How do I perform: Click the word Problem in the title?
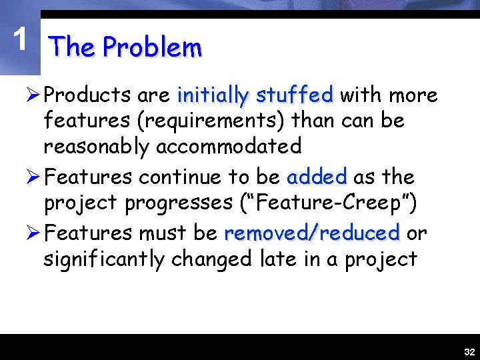click(x=153, y=48)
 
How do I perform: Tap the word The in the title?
click(x=73, y=47)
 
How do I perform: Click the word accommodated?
click(x=228, y=145)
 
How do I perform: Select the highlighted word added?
click(x=317, y=177)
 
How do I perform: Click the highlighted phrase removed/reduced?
click(x=311, y=233)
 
